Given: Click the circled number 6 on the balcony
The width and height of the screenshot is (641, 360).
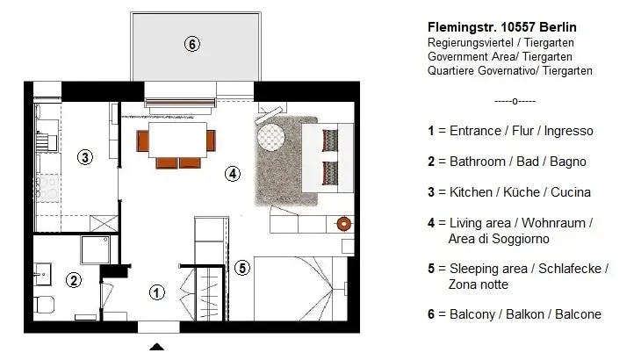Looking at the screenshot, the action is point(192,44).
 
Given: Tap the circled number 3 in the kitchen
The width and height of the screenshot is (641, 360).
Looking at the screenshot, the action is point(85,157).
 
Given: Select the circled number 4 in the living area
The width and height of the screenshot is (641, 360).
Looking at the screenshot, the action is point(233,174).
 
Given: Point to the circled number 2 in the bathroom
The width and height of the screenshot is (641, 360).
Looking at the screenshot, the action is point(74,280).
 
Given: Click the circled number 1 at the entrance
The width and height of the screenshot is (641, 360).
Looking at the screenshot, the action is point(156,292).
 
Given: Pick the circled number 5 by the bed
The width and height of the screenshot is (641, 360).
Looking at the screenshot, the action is point(242,268).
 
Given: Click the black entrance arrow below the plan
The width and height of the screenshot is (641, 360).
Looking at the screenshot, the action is point(156,347).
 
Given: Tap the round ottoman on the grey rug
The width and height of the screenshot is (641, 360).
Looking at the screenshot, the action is point(270,136).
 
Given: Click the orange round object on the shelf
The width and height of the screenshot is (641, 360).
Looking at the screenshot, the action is point(343,224).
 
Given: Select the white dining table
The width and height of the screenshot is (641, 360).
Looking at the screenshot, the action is point(177,140).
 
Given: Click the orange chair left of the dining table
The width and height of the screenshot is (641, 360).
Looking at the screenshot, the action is point(142,140).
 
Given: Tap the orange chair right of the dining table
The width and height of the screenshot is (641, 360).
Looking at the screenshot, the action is point(211,140).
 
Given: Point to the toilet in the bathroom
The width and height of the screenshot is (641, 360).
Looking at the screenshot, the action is point(44,305).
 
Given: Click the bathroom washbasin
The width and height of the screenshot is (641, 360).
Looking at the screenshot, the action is point(42,274).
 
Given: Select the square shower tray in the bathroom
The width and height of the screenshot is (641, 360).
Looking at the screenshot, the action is point(95,249).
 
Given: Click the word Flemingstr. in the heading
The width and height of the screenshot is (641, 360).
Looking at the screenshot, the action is point(461,27).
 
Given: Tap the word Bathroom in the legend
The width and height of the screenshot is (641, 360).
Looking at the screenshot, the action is point(478,162).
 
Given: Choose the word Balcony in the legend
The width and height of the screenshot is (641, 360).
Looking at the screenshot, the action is point(472,314).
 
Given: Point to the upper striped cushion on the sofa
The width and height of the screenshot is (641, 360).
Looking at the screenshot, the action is point(330,140).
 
